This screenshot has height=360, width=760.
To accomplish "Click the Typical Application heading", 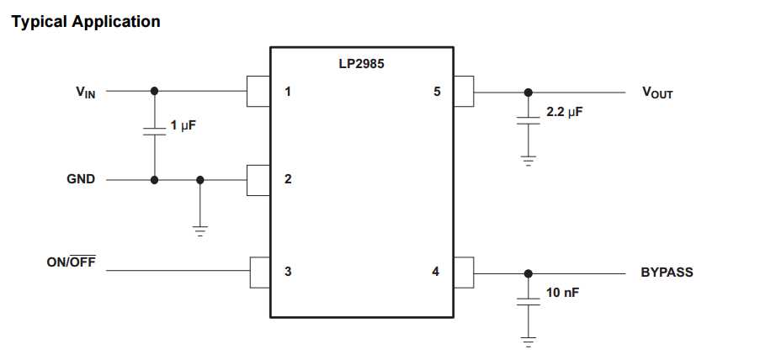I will tap(85, 22).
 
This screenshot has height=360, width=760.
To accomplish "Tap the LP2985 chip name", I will tap(361, 63).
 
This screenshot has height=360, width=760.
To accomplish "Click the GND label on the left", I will tap(81, 179).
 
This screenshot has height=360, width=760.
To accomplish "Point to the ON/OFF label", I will tap(71, 262).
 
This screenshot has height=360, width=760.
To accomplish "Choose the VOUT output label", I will tap(657, 93).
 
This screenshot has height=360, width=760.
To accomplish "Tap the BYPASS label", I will tap(667, 273).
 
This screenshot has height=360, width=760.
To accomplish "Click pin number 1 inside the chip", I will tap(288, 91).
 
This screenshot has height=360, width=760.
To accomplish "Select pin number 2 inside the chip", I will tap(288, 179).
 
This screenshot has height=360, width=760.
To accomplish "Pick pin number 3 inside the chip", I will tap(288, 271).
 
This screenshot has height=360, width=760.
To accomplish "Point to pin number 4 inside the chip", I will tap(435, 271).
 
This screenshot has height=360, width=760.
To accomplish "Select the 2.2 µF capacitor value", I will tap(564, 111).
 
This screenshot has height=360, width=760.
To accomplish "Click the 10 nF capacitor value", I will tap(562, 292).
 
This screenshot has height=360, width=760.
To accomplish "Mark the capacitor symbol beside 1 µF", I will tap(154, 131).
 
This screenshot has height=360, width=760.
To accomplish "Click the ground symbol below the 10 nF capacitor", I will tap(528, 341).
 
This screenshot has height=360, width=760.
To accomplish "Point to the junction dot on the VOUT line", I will tap(528, 92).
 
